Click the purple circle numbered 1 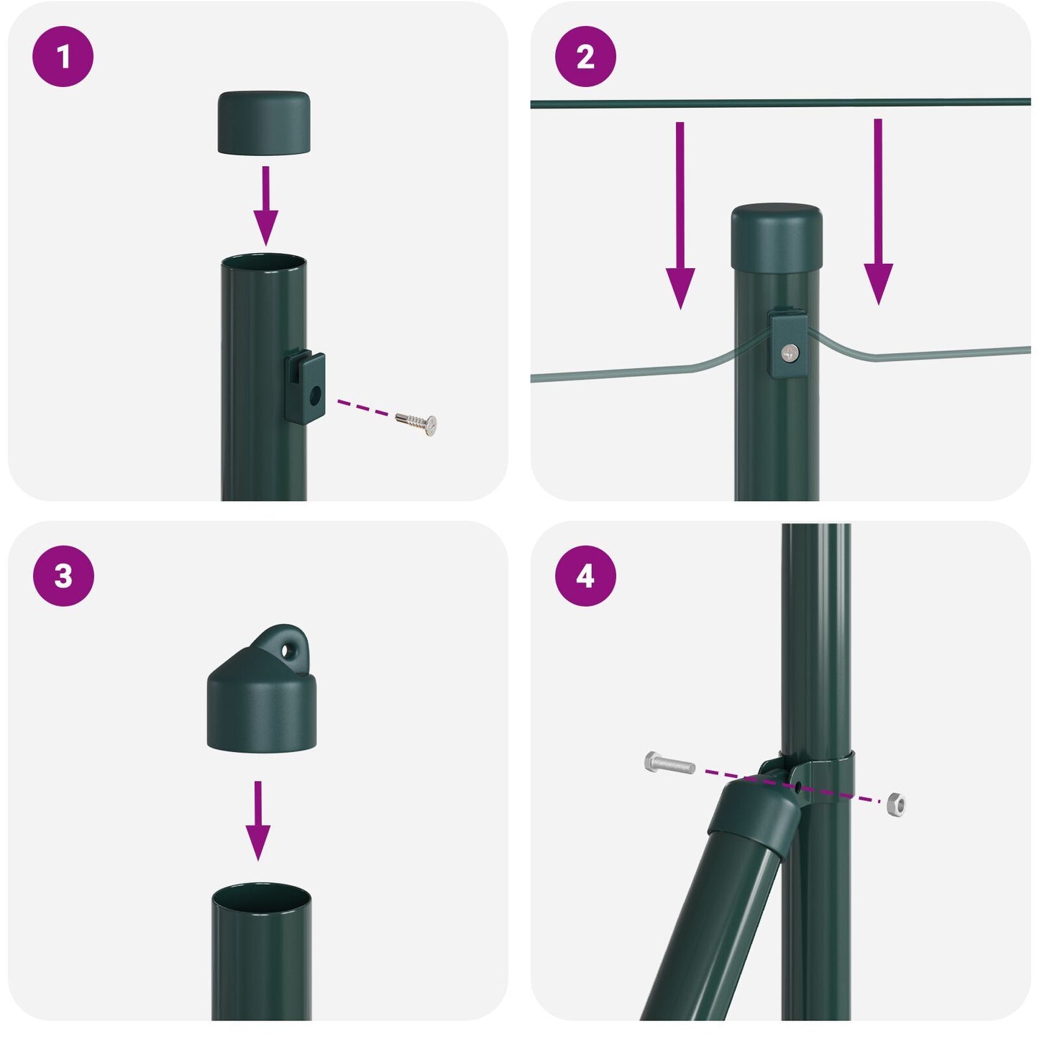[x=63, y=57]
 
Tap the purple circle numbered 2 [x=585, y=57]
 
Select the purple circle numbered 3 [x=63, y=576]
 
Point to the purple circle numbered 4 [x=585, y=576]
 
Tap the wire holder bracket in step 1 [x=306, y=387]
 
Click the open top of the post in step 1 [x=263, y=263]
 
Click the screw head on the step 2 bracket [x=790, y=352]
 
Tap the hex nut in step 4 [x=895, y=804]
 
